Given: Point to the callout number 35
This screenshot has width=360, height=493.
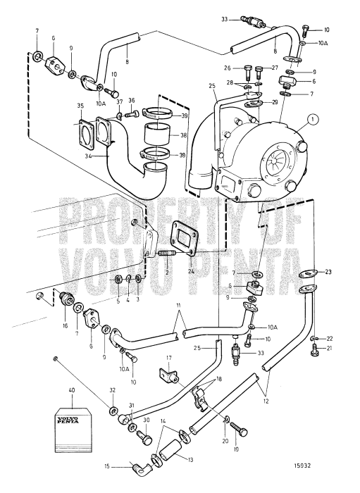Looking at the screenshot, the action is [x=80, y=106].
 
